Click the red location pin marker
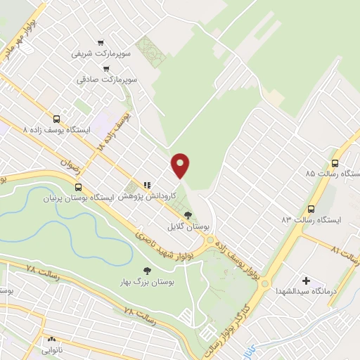(x=181, y=165)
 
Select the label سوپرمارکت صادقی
(x=107, y=80)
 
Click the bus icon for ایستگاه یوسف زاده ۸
(x=57, y=118)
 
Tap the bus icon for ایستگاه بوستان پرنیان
(x=77, y=187)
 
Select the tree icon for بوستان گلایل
(x=188, y=214)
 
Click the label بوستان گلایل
(x=188, y=227)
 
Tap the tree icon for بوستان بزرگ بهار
(x=147, y=270)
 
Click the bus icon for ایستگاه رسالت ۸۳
(x=311, y=208)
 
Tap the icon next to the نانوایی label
(x=51, y=338)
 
